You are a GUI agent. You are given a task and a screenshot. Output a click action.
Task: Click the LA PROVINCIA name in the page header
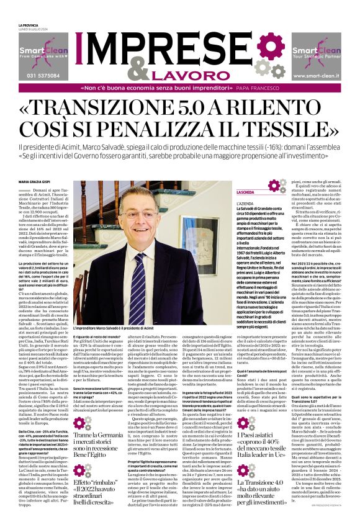click(29, 25)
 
